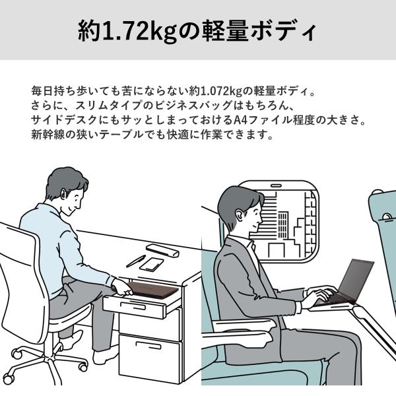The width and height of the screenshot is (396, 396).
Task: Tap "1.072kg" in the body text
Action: [x=222, y=91]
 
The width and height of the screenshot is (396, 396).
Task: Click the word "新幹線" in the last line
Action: [x=48, y=135]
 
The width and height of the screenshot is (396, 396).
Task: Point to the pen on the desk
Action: [x=136, y=261]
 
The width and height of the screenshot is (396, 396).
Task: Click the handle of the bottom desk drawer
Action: [x=148, y=345]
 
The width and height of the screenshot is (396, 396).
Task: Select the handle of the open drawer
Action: [x=133, y=306]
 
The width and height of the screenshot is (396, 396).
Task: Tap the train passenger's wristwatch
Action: [x=300, y=307]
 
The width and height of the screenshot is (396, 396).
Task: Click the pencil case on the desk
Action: [x=162, y=249]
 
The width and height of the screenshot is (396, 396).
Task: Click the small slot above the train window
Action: [x=276, y=186]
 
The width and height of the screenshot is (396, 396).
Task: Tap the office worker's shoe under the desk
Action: [x=104, y=357]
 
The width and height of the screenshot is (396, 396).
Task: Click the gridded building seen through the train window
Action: [x=283, y=225]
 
